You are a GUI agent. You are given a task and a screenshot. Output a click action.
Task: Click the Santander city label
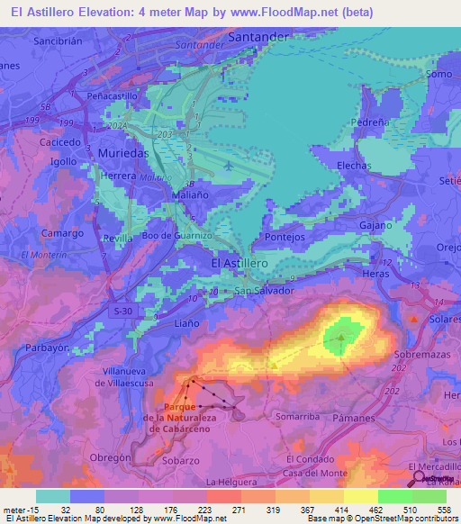pos(259,37)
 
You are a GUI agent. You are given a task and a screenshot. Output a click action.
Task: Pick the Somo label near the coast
pos(437,75)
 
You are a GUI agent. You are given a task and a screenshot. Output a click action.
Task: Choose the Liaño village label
pos(185,321)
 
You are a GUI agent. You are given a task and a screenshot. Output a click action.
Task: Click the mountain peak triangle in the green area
pos(341,339)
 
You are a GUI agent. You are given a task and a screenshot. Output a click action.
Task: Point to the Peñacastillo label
pos(113,95)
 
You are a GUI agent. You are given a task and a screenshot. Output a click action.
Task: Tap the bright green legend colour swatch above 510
pos(394,496)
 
